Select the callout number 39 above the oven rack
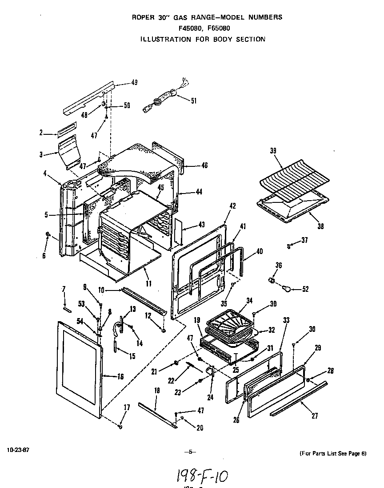[272, 151]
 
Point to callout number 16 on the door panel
[120, 377]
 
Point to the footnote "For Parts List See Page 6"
[333, 453]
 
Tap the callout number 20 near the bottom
[200, 428]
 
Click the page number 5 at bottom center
[190, 452]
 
